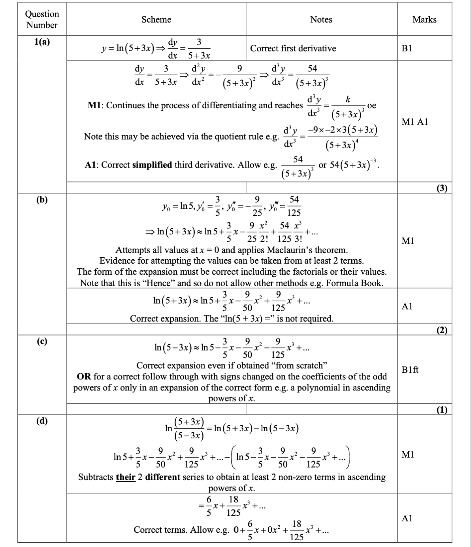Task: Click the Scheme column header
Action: [x=156, y=19]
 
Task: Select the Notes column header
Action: [x=321, y=19]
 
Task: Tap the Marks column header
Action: [x=424, y=19]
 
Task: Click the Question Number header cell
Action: [x=42, y=19]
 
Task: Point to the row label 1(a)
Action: [x=42, y=42]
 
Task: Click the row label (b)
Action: [x=42, y=200]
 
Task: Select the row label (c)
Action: [x=42, y=341]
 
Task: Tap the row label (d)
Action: [x=42, y=421]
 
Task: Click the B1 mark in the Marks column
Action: [x=407, y=48]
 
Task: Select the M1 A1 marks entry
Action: [x=414, y=122]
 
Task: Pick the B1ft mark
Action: [x=410, y=370]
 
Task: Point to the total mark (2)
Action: [x=442, y=330]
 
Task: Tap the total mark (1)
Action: [x=442, y=409]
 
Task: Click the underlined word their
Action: [x=125, y=477]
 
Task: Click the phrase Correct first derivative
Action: [x=293, y=48]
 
